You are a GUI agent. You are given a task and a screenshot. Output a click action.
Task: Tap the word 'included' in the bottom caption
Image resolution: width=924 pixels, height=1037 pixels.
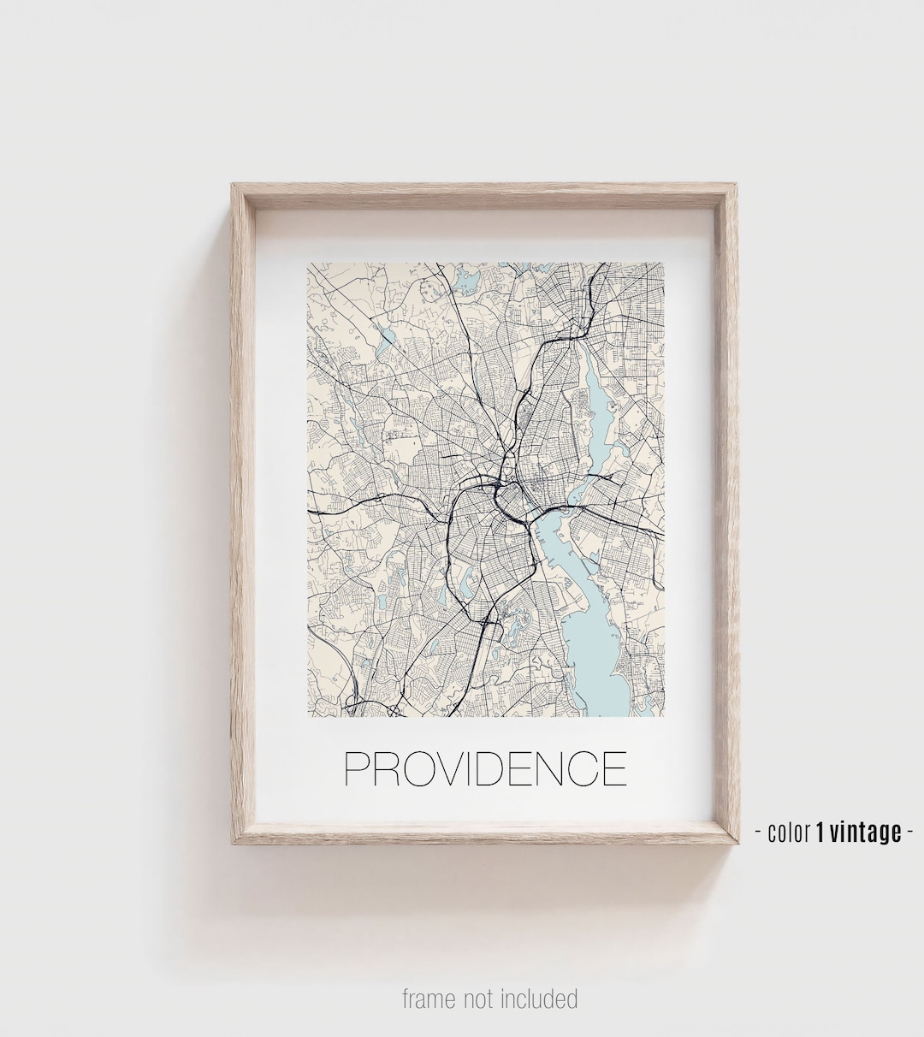[539, 998]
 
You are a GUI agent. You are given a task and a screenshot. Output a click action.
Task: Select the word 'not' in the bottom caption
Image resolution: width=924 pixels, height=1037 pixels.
[481, 998]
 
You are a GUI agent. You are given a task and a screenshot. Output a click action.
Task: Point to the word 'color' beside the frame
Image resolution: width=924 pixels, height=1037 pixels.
[788, 832]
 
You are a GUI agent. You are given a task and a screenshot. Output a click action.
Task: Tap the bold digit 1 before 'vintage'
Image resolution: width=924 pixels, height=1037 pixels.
[820, 832]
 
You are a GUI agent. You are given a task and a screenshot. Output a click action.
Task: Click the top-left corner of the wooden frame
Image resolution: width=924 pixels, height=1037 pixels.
[233, 185]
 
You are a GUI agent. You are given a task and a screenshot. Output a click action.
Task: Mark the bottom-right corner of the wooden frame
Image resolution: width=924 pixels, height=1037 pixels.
[737, 843]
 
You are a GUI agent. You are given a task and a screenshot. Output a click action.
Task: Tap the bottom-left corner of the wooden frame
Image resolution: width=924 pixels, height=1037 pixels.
[233, 843]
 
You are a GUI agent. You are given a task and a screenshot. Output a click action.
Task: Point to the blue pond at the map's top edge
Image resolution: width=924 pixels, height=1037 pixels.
[467, 280]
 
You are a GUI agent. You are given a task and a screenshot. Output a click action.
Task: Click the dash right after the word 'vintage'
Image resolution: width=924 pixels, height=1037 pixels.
[910, 832]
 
